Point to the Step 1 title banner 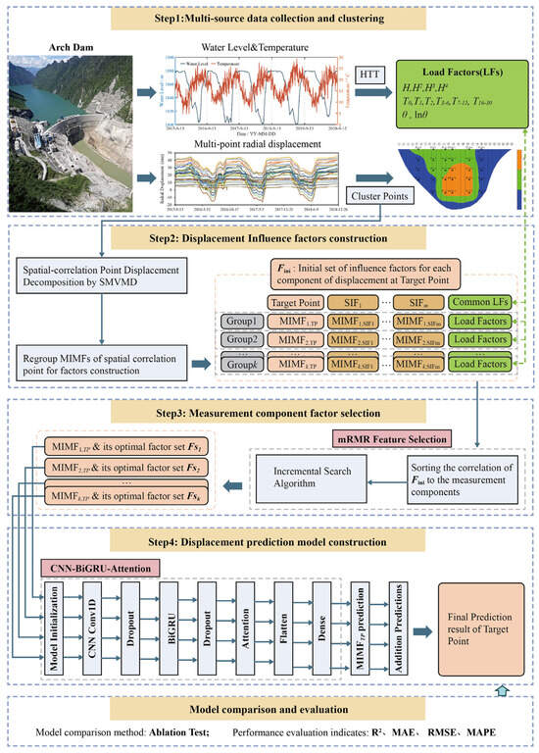pos(269,17)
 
